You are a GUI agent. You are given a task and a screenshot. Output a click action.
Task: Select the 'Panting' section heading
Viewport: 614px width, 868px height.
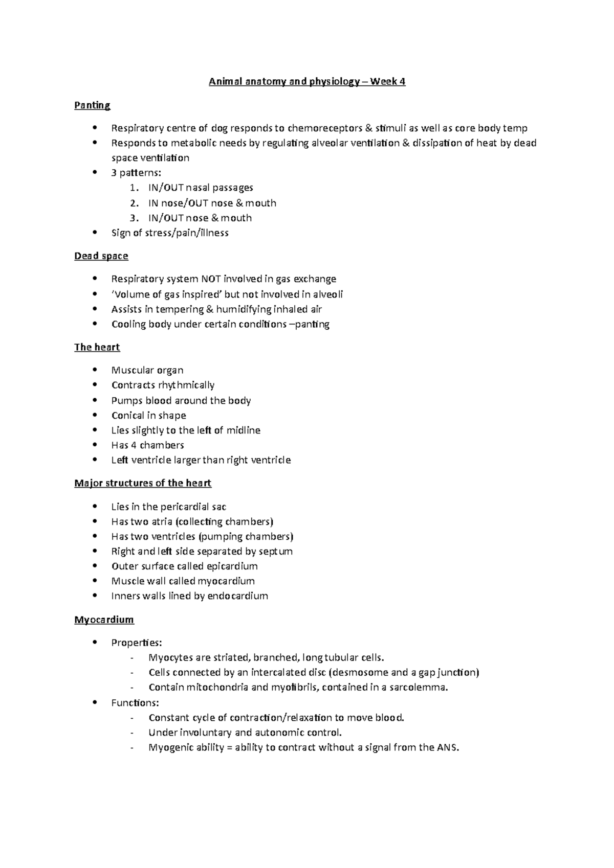tap(92, 105)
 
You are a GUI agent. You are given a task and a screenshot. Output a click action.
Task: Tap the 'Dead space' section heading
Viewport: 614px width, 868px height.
tap(101, 256)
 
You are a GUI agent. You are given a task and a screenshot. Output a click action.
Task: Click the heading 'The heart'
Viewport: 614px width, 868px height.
tap(97, 348)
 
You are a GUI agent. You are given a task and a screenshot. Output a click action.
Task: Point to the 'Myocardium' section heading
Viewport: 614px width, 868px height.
tap(104, 620)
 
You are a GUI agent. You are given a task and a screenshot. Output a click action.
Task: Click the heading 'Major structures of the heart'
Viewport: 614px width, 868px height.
tap(143, 483)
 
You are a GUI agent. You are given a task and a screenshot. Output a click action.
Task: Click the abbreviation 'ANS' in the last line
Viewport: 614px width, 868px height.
tap(448, 747)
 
